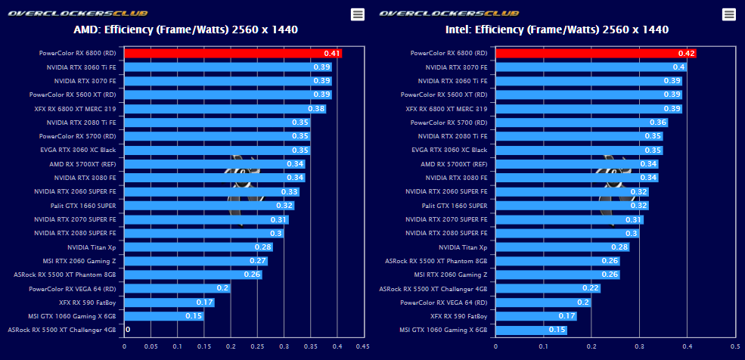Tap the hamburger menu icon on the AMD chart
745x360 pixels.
[358, 14]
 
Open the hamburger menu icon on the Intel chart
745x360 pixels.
[729, 14]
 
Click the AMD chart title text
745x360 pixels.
[185, 30]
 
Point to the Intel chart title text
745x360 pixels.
[557, 30]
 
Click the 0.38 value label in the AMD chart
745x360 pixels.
[316, 109]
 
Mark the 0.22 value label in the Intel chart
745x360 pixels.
[591, 288]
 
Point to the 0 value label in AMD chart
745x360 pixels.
[128, 330]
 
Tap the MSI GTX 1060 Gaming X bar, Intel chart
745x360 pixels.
[522, 330]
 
